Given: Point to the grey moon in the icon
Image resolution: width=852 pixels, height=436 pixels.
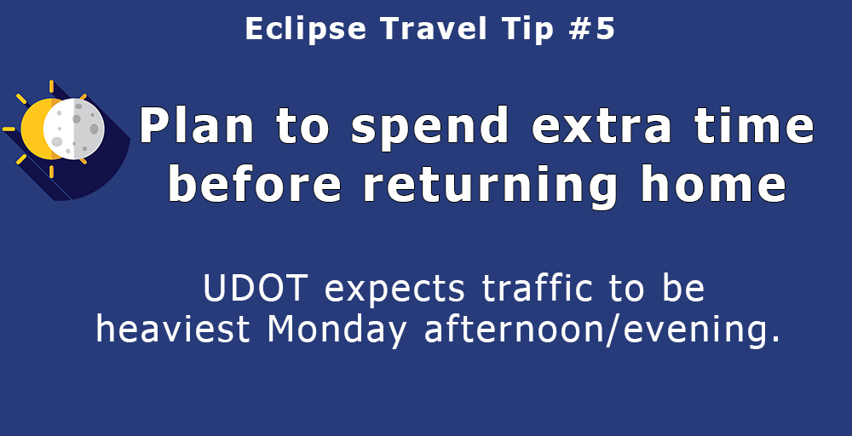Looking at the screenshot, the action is [74, 129].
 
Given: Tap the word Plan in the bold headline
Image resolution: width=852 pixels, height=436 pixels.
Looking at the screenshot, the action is [197, 125].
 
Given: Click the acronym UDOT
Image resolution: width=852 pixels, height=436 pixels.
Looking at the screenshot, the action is [256, 289].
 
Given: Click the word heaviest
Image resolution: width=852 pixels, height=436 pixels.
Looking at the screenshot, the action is [173, 329].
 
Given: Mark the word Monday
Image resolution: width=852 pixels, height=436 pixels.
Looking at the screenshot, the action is [337, 330].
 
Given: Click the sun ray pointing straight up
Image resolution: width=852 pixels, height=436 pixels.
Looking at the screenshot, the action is [52, 86].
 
